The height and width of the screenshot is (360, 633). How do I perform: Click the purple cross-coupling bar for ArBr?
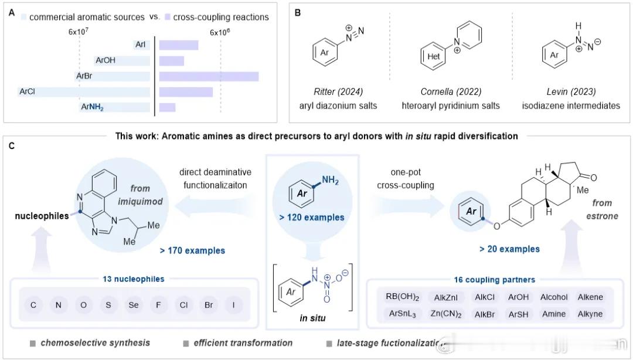209,76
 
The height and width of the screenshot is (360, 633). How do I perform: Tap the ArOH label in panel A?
105,60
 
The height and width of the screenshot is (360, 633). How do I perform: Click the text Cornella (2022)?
451,91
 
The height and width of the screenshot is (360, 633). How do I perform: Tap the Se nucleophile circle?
133,305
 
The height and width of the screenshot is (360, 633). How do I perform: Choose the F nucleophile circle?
158,305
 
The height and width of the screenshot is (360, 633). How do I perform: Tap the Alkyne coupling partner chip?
588,314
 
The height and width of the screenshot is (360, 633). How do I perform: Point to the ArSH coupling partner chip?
519,314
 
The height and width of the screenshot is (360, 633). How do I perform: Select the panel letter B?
298,12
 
